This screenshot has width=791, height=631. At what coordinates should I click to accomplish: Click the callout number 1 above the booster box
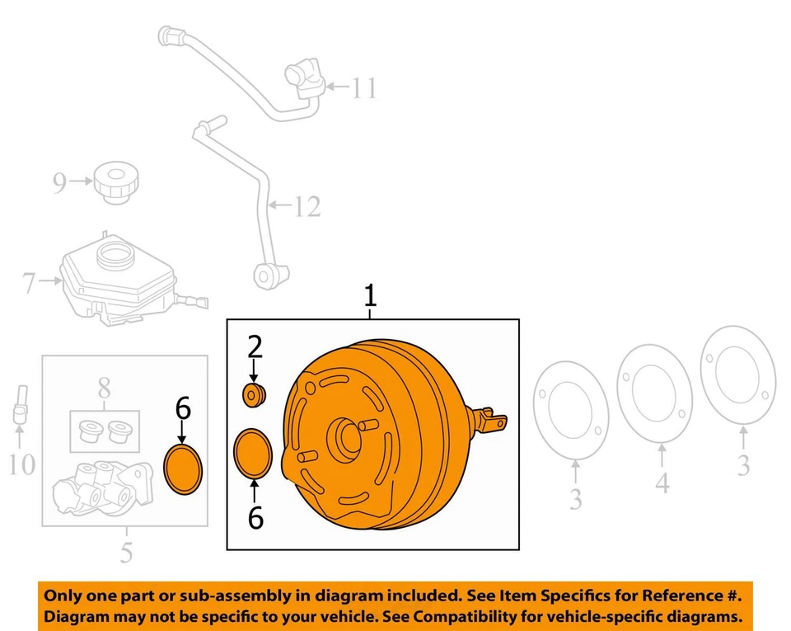370,295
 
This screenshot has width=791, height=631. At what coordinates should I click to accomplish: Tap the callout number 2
253,347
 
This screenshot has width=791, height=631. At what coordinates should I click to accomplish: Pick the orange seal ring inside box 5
183,469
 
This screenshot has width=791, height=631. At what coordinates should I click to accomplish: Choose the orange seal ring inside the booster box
254,452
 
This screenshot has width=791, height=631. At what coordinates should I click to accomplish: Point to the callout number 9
59,182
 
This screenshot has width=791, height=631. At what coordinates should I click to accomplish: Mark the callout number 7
30,285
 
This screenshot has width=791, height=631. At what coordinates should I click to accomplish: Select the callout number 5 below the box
125,551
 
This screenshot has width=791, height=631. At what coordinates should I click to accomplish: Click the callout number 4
662,483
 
